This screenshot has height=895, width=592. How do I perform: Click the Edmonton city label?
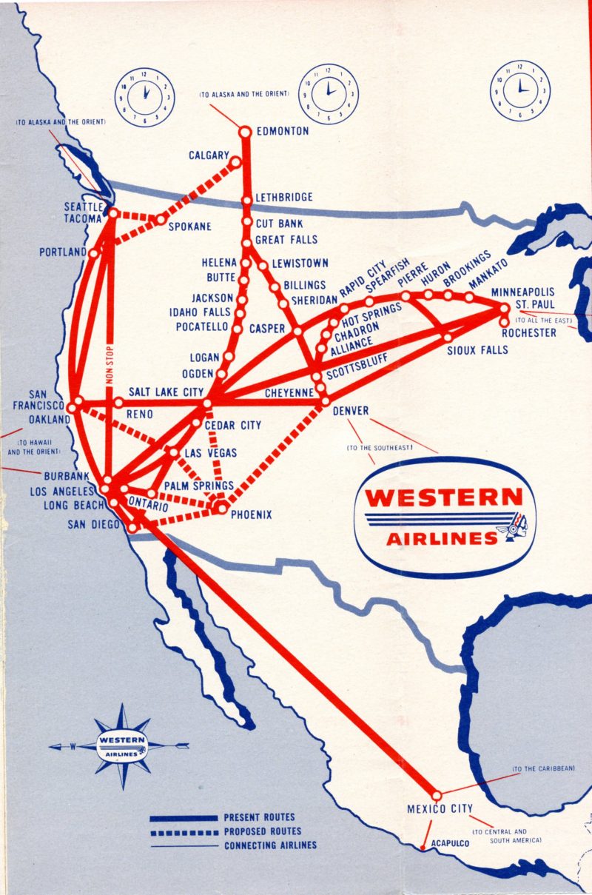click(282, 132)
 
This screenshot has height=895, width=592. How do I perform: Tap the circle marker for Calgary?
click(235, 162)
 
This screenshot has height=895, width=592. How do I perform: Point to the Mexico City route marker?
click(436, 794)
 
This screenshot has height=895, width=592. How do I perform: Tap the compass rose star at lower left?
click(121, 745)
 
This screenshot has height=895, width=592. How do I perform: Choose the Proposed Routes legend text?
click(262, 831)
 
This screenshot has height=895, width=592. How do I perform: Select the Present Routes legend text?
click(259, 817)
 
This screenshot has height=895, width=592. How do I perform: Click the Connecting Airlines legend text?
click(270, 845)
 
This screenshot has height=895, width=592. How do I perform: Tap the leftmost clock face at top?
click(144, 96)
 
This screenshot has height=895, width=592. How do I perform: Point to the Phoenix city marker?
click(220, 508)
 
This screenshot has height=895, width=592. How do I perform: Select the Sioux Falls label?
click(477, 349)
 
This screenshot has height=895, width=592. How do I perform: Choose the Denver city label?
click(351, 411)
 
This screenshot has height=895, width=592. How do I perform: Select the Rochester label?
click(528, 333)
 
